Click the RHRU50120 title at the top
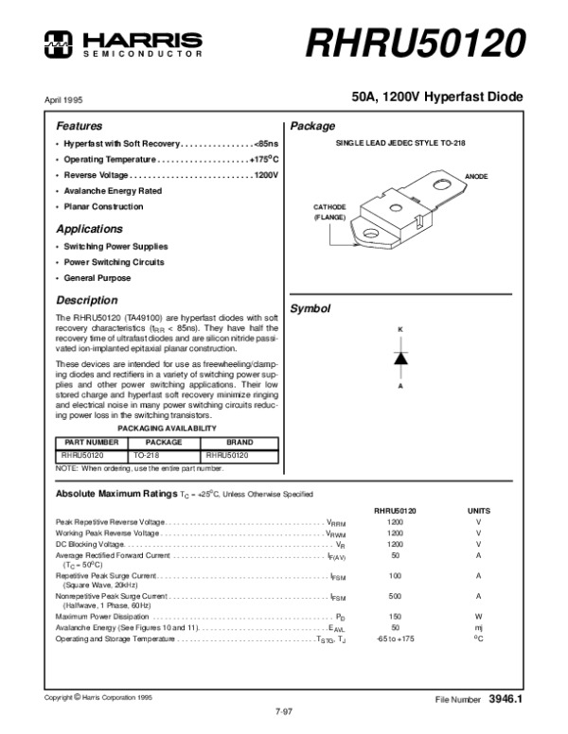[416, 42]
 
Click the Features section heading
[79, 126]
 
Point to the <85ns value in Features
[266, 143]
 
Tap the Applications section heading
[89, 229]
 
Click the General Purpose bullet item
[98, 278]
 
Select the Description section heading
[87, 301]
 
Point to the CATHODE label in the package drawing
[330, 206]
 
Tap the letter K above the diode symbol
[399, 328]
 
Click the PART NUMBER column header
[88, 442]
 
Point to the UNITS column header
[479, 509]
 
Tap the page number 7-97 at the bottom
[283, 709]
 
